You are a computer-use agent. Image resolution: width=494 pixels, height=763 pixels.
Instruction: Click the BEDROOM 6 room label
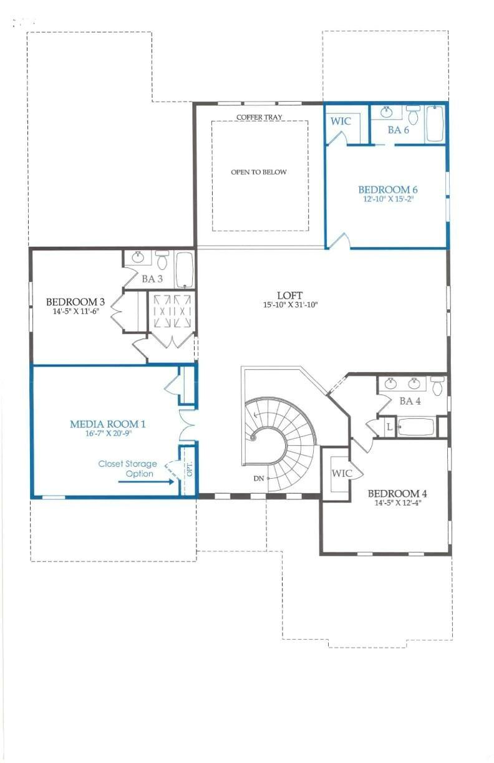387,190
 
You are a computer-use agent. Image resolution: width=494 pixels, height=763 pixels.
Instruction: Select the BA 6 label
398,130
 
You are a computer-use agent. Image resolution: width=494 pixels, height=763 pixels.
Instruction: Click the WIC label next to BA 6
341,121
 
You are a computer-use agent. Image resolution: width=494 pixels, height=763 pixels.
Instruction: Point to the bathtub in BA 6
435,123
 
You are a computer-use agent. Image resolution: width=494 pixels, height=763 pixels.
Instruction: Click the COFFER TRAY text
259,117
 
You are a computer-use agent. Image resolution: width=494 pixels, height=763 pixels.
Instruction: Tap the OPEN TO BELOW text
259,172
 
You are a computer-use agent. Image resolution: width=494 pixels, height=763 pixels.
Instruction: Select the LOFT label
290,295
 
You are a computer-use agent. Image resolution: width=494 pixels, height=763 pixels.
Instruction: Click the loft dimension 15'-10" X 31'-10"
290,305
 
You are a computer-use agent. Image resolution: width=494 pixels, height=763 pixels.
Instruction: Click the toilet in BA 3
162,259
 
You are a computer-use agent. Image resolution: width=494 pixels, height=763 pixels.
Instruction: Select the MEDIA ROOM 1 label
108,424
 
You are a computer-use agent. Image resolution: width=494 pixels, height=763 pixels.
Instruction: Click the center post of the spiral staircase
253,438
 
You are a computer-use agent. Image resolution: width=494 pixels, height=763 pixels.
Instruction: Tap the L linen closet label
389,428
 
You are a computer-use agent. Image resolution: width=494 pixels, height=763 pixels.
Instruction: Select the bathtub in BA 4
415,427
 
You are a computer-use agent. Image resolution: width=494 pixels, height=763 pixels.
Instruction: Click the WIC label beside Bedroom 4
342,474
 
